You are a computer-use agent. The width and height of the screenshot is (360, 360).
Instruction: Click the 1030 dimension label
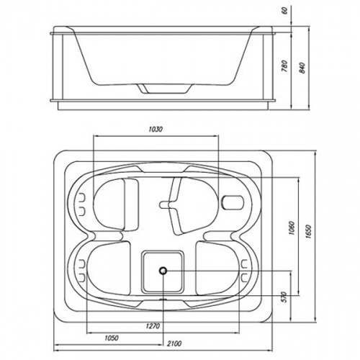click(x=156, y=130)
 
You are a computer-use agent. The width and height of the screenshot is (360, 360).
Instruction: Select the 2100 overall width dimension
click(x=174, y=343)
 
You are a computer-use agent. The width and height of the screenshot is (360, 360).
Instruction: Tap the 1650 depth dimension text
click(x=309, y=232)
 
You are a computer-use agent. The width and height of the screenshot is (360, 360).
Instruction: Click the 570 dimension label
click(x=284, y=297)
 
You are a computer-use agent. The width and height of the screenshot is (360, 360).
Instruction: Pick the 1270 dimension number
click(x=153, y=326)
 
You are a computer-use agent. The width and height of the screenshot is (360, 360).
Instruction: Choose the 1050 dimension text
click(x=112, y=338)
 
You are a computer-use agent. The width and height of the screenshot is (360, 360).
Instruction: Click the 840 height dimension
click(x=302, y=68)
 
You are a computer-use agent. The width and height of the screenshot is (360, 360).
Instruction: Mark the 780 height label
click(x=284, y=66)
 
